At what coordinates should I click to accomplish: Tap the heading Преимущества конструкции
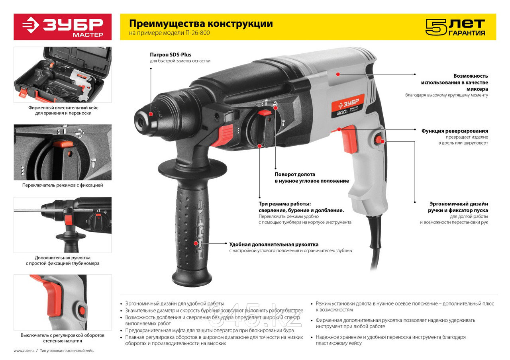coord(201,23)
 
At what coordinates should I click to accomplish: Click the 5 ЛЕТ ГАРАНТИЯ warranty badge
coord(455,27)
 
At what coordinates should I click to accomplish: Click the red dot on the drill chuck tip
coord(151,114)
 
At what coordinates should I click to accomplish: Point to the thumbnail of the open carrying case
coord(63,74)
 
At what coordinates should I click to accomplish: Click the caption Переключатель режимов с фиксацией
coord(63,185)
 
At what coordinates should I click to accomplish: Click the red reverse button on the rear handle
coord(380,140)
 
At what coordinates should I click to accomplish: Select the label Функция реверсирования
coord(454,131)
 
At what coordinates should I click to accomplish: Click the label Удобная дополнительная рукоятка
coord(274,244)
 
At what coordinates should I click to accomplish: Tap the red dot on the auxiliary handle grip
coord(196,243)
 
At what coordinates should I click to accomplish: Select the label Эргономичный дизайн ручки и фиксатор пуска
coord(458,207)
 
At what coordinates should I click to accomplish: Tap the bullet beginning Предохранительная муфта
coord(210,330)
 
